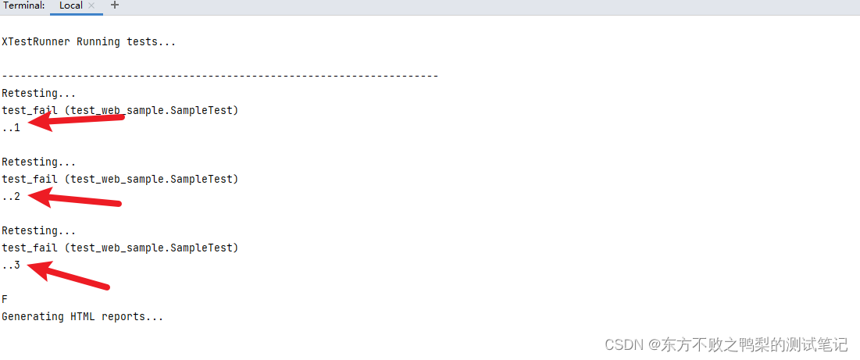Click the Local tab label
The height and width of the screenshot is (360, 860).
pyautogui.click(x=70, y=5)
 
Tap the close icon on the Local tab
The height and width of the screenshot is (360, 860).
pyautogui.click(x=91, y=5)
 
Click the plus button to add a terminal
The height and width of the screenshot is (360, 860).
pyautogui.click(x=115, y=5)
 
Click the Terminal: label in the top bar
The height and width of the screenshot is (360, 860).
pyautogui.click(x=23, y=5)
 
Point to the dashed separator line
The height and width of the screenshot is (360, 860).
pyautogui.click(x=219, y=76)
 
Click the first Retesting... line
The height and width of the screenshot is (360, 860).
pyautogui.click(x=39, y=93)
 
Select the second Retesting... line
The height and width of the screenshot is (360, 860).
pyautogui.click(x=39, y=162)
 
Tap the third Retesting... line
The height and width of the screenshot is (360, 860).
pyautogui.click(x=39, y=230)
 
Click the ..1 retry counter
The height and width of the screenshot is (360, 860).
pyautogui.click(x=11, y=127)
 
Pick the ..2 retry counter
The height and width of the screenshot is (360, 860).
pyautogui.click(x=11, y=196)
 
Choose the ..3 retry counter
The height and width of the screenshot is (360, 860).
pyautogui.click(x=11, y=265)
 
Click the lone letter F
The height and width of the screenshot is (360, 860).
pyautogui.click(x=5, y=299)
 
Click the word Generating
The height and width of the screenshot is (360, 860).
pyautogui.click(x=33, y=316)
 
